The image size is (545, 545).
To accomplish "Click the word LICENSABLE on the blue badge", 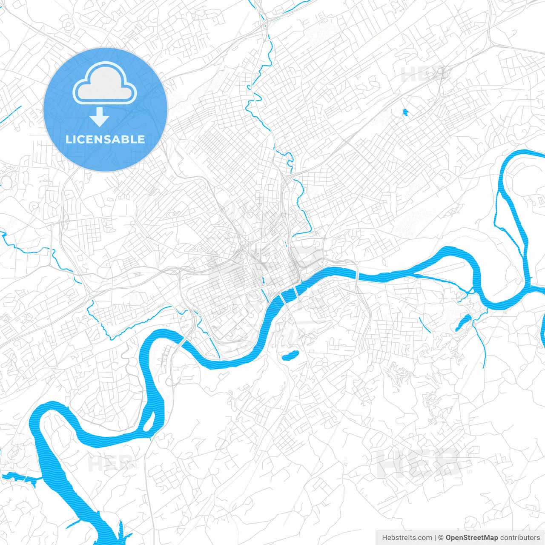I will pyautogui.click(x=105, y=139).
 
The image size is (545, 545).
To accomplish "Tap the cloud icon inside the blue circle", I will pyautogui.click(x=105, y=83).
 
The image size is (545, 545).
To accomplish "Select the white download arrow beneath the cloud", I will pyautogui.click(x=100, y=118).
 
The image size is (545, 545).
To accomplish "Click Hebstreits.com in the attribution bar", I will pyautogui.click(x=407, y=538).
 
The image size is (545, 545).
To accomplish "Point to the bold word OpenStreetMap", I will pyautogui.click(x=471, y=538).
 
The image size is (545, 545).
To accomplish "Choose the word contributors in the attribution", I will pyautogui.click(x=520, y=538).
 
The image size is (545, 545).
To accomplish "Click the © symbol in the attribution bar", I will pyautogui.click(x=441, y=538).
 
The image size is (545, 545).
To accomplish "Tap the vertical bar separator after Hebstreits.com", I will pyautogui.click(x=435, y=538).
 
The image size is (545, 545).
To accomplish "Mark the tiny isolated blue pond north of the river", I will pyautogui.click(x=405, y=112).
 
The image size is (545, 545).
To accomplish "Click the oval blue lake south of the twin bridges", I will pyautogui.click(x=290, y=355).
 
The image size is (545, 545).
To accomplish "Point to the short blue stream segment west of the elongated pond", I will pyautogui.click(x=425, y=324).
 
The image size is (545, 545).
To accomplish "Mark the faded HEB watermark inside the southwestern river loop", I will pyautogui.click(x=104, y=463).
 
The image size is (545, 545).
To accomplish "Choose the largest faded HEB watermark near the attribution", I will pyautogui.click(x=419, y=463).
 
